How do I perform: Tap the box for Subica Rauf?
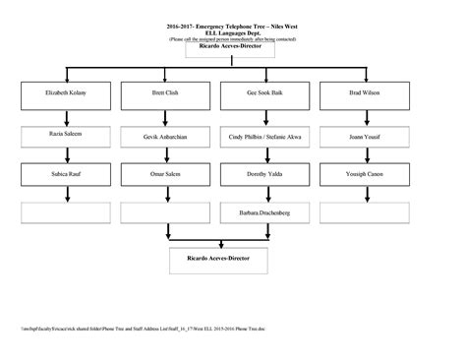click(x=66, y=175)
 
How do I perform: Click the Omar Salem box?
click(x=165, y=175)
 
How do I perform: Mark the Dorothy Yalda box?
click(x=265, y=175)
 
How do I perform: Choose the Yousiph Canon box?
click(x=366, y=175)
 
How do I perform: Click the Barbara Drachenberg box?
click(x=265, y=211)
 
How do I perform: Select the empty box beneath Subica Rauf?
click(x=66, y=211)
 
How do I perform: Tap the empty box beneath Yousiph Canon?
click(x=366, y=211)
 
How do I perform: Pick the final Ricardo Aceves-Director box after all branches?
click(x=215, y=258)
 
